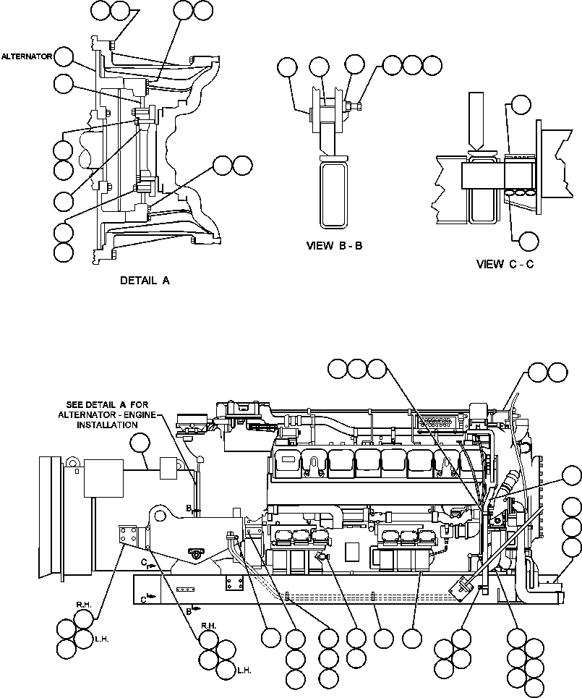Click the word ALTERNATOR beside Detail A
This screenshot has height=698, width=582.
pos(26,56)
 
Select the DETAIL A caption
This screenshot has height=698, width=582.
pos(145,281)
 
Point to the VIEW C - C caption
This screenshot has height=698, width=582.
pos(505,264)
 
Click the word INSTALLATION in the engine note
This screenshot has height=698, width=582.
pos(106,425)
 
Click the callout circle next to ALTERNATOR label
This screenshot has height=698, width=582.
pos(64,56)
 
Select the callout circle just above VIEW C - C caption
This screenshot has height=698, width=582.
pos(529,241)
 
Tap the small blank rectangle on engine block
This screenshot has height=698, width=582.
pos(353,550)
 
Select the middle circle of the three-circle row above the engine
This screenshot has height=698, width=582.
pos(357,369)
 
